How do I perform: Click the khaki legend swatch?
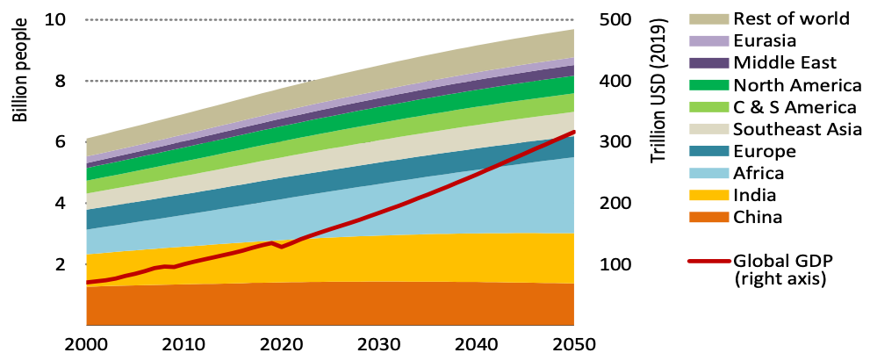coord(708,18)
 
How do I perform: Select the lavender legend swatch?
coord(708,40)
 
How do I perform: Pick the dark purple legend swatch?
coord(708,62)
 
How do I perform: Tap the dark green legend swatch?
coord(708,84)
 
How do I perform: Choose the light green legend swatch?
coord(708,106)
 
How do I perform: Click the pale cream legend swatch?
coord(708,128)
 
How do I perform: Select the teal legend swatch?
coord(708,150)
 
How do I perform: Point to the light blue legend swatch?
coord(708,173)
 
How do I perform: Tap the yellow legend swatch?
coord(708,195)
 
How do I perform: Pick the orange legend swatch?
coord(708,217)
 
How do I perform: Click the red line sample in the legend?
coord(708,261)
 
